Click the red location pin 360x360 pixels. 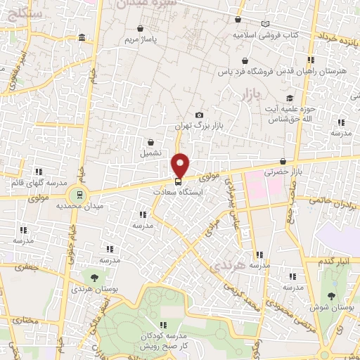click(181, 165)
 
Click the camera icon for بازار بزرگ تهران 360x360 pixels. click(199, 115)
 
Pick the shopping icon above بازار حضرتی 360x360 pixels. click(283, 161)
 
